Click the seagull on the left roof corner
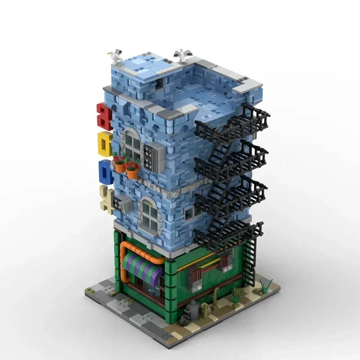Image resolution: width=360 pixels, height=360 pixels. click(x=116, y=58)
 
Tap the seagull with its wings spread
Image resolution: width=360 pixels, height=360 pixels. click(x=182, y=54)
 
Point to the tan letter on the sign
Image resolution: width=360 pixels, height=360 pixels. click(x=108, y=198)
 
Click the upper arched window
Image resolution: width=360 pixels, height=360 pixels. click(x=132, y=144)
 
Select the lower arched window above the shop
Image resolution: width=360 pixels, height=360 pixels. click(x=150, y=215)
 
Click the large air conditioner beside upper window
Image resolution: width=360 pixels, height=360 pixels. click(x=155, y=156)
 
